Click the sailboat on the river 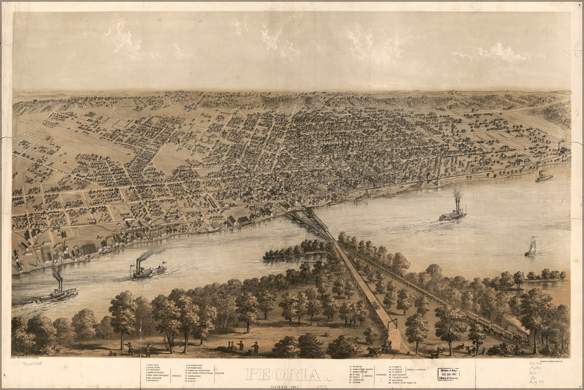pos(531,247)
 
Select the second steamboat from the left pos(148,270)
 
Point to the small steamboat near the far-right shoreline pos(544,177)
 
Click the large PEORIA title pos(284,374)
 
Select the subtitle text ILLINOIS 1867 pos(284,384)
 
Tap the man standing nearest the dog pos(129,349)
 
